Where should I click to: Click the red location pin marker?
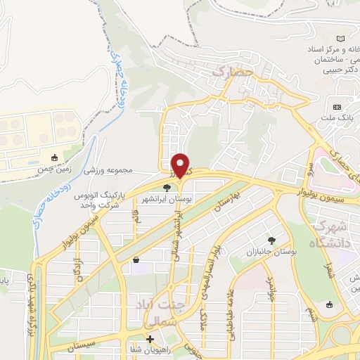182,165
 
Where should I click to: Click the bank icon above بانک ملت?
337,106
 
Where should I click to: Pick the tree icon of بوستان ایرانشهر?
167,188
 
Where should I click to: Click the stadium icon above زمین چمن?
56,157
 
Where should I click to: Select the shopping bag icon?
135,260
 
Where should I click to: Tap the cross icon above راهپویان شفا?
149,339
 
